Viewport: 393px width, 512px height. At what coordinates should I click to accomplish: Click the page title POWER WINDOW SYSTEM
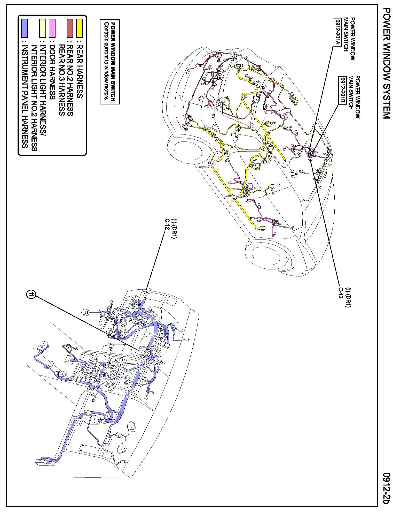387,63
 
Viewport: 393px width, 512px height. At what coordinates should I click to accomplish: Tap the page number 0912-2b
387,488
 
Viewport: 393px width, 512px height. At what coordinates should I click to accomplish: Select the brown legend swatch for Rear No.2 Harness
70,28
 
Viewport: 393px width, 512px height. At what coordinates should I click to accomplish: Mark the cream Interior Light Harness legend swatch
42,28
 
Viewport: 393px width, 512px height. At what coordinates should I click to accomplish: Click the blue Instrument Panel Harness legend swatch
25,28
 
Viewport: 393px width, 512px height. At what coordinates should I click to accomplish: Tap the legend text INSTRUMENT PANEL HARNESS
25,97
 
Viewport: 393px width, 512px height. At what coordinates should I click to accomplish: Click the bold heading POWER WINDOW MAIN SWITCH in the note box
113,62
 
